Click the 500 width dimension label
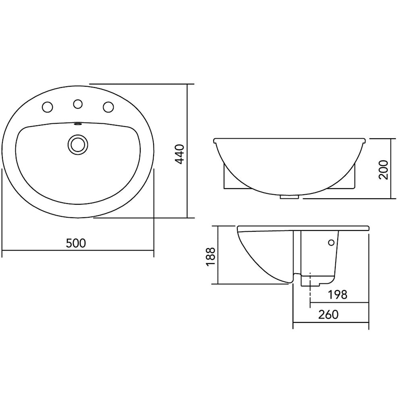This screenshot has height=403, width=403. point(76,243)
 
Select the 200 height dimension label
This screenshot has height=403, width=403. point(383,169)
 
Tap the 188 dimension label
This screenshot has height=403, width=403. point(210,256)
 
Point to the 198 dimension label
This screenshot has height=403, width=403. point(337,295)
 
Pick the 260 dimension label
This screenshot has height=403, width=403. point(328,315)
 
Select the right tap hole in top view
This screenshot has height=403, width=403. point(108,107)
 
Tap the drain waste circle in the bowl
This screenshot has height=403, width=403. point(77,144)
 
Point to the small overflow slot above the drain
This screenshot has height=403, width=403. point(78,124)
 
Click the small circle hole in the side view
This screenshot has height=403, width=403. point(331,243)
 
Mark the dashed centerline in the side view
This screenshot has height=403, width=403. point(310,290)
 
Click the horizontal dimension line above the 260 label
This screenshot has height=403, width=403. point(330,323)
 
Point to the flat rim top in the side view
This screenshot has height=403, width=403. point(302,228)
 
